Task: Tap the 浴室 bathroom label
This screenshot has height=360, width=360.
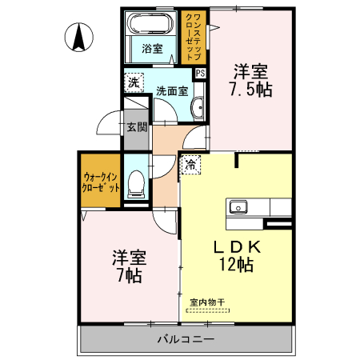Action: pyautogui.click(x=152, y=48)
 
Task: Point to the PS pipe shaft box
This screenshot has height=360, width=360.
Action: pyautogui.click(x=199, y=74)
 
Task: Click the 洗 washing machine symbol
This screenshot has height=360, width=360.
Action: pyautogui.click(x=132, y=82)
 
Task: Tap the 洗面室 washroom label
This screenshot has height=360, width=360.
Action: pyautogui.click(x=171, y=91)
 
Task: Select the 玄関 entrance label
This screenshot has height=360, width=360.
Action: pyautogui.click(x=136, y=126)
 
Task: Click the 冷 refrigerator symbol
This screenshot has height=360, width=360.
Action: pyautogui.click(x=191, y=164)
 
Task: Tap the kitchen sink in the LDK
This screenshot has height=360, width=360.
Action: pyautogui.click(x=238, y=208)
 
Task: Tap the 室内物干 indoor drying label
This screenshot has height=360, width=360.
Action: pyautogui.click(x=207, y=302)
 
